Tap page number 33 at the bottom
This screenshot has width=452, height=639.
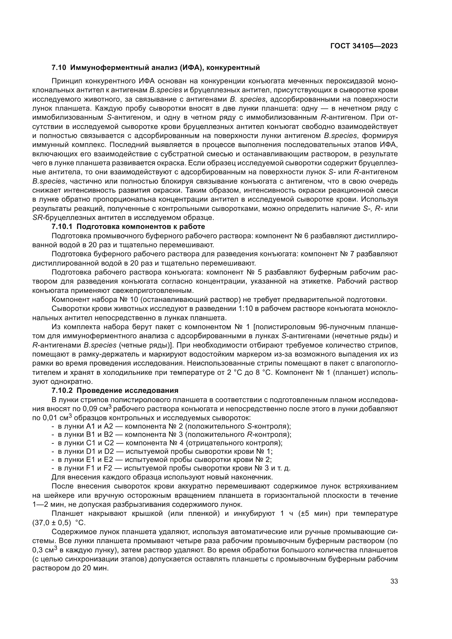[394, 581]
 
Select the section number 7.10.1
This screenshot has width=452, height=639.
[62, 226]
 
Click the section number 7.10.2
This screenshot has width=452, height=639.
[62, 390]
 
